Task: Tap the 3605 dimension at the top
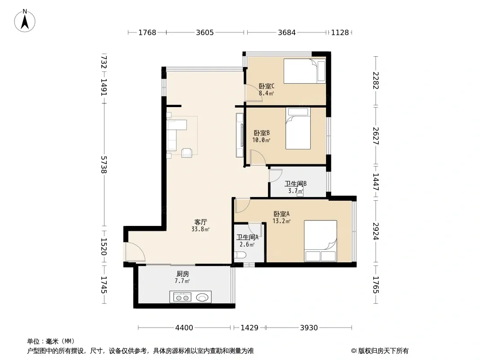click(205, 32)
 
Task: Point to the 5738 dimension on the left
click(104, 165)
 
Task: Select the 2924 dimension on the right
click(376, 231)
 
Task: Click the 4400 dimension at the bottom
click(184, 328)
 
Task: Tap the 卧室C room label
click(266, 86)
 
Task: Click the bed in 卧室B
click(298, 128)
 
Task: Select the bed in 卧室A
click(321, 241)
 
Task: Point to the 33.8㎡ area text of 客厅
click(200, 229)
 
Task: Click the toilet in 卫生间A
click(240, 255)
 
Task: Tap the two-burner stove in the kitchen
click(182, 297)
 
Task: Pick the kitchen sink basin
click(202, 297)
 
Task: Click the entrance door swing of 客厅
click(135, 252)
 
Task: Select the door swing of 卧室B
click(258, 157)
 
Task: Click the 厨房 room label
click(182, 274)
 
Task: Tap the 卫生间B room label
click(295, 184)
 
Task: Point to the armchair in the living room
click(187, 153)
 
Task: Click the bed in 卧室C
click(304, 71)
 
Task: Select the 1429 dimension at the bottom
click(249, 328)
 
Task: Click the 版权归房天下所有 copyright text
click(383, 351)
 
